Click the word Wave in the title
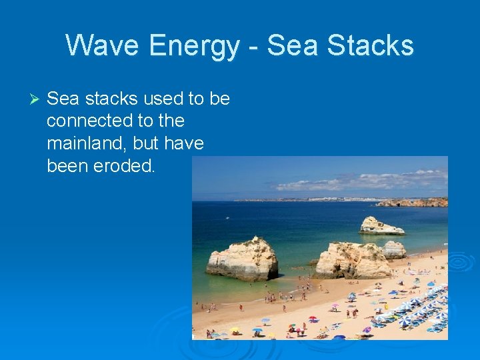[103, 45]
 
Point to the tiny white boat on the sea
[227, 217]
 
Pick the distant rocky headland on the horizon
[413, 202]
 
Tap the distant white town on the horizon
[313, 199]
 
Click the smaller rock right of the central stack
[395, 249]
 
